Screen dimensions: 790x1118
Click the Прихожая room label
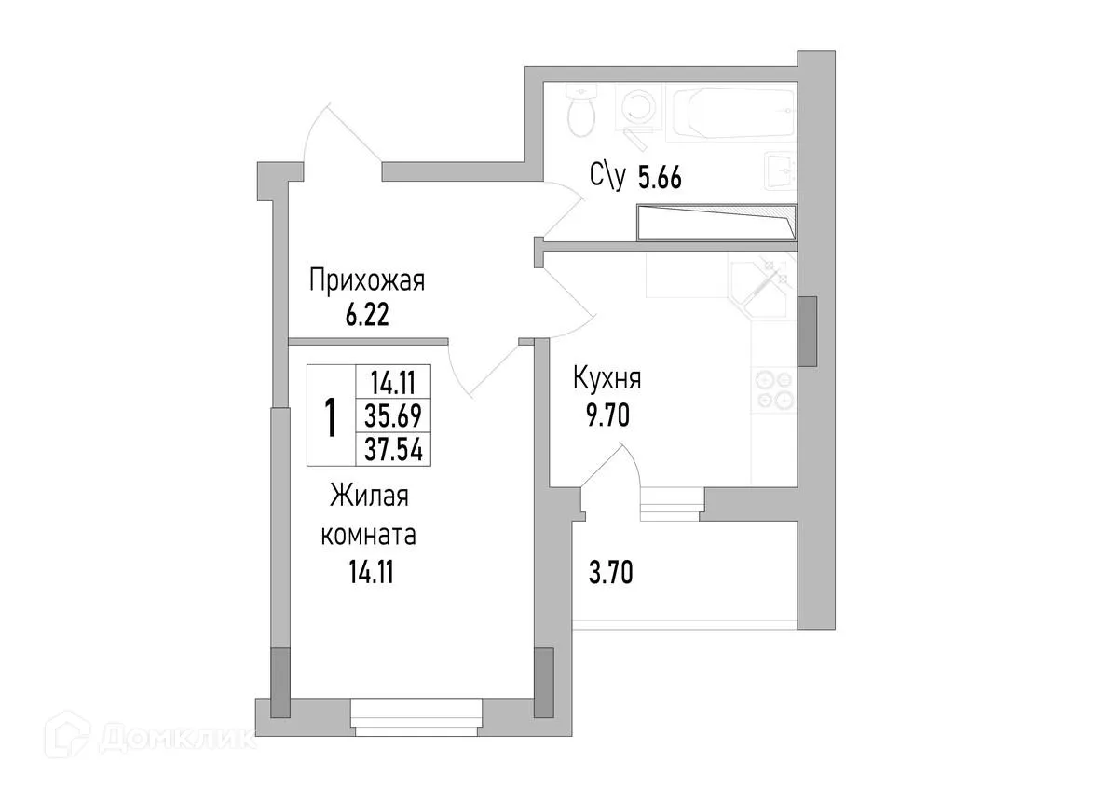click(x=367, y=280)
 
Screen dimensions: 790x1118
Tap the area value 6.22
click(x=366, y=315)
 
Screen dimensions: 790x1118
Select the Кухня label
click(x=607, y=380)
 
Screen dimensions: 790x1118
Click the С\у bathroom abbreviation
click(x=607, y=176)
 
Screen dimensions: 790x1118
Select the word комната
click(x=368, y=537)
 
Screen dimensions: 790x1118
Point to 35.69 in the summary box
click(x=394, y=416)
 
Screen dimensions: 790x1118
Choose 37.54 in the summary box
click(x=394, y=451)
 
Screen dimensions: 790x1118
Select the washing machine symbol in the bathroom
click(x=638, y=110)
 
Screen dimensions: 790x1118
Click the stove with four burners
click(x=773, y=389)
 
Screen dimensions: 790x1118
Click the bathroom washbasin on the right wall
click(x=779, y=171)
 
